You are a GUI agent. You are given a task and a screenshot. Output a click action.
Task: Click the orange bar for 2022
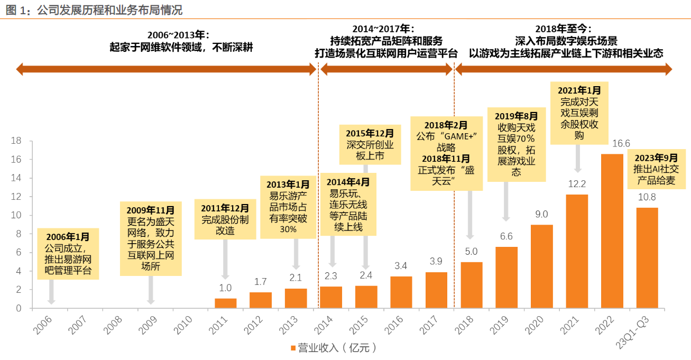tap(612, 231)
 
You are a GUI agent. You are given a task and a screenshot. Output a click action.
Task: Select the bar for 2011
tap(226, 303)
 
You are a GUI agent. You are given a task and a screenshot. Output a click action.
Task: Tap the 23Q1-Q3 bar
tap(647, 258)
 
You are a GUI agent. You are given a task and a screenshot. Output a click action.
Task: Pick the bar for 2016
tap(401, 292)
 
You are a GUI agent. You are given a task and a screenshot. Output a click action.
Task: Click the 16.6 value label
tap(612, 144)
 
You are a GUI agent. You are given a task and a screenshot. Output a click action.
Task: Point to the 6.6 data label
tap(506, 236)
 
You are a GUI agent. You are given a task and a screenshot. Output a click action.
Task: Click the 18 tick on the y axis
tap(16, 141)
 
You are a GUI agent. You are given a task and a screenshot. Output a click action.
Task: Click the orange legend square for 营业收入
tap(292, 348)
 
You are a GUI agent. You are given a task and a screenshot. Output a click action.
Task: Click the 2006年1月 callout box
tap(68, 254)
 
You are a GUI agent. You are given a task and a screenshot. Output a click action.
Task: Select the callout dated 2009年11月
tap(151, 238)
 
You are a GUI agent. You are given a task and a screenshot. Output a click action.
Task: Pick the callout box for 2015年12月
tap(370, 144)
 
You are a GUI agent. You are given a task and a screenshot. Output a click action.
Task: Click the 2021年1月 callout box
tap(579, 112)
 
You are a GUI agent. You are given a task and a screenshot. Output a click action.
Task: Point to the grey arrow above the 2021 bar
tap(577, 159)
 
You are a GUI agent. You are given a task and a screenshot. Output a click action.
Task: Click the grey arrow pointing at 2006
tap(51, 292)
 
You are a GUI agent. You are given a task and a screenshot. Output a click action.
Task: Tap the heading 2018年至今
tap(563, 29)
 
